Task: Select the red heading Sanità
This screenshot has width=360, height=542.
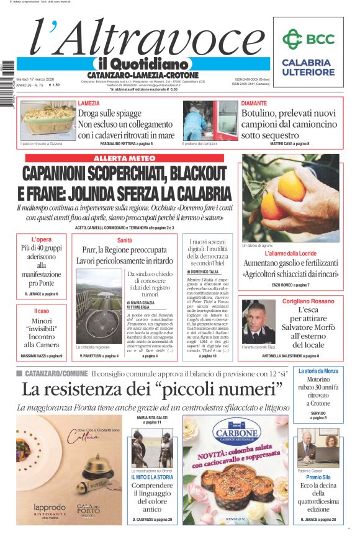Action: point(124,240)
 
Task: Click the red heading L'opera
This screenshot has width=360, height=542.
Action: point(42,239)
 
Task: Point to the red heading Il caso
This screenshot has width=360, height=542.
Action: point(42,311)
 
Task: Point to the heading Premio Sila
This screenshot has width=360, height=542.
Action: point(318,477)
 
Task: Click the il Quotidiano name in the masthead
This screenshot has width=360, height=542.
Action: point(142,64)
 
